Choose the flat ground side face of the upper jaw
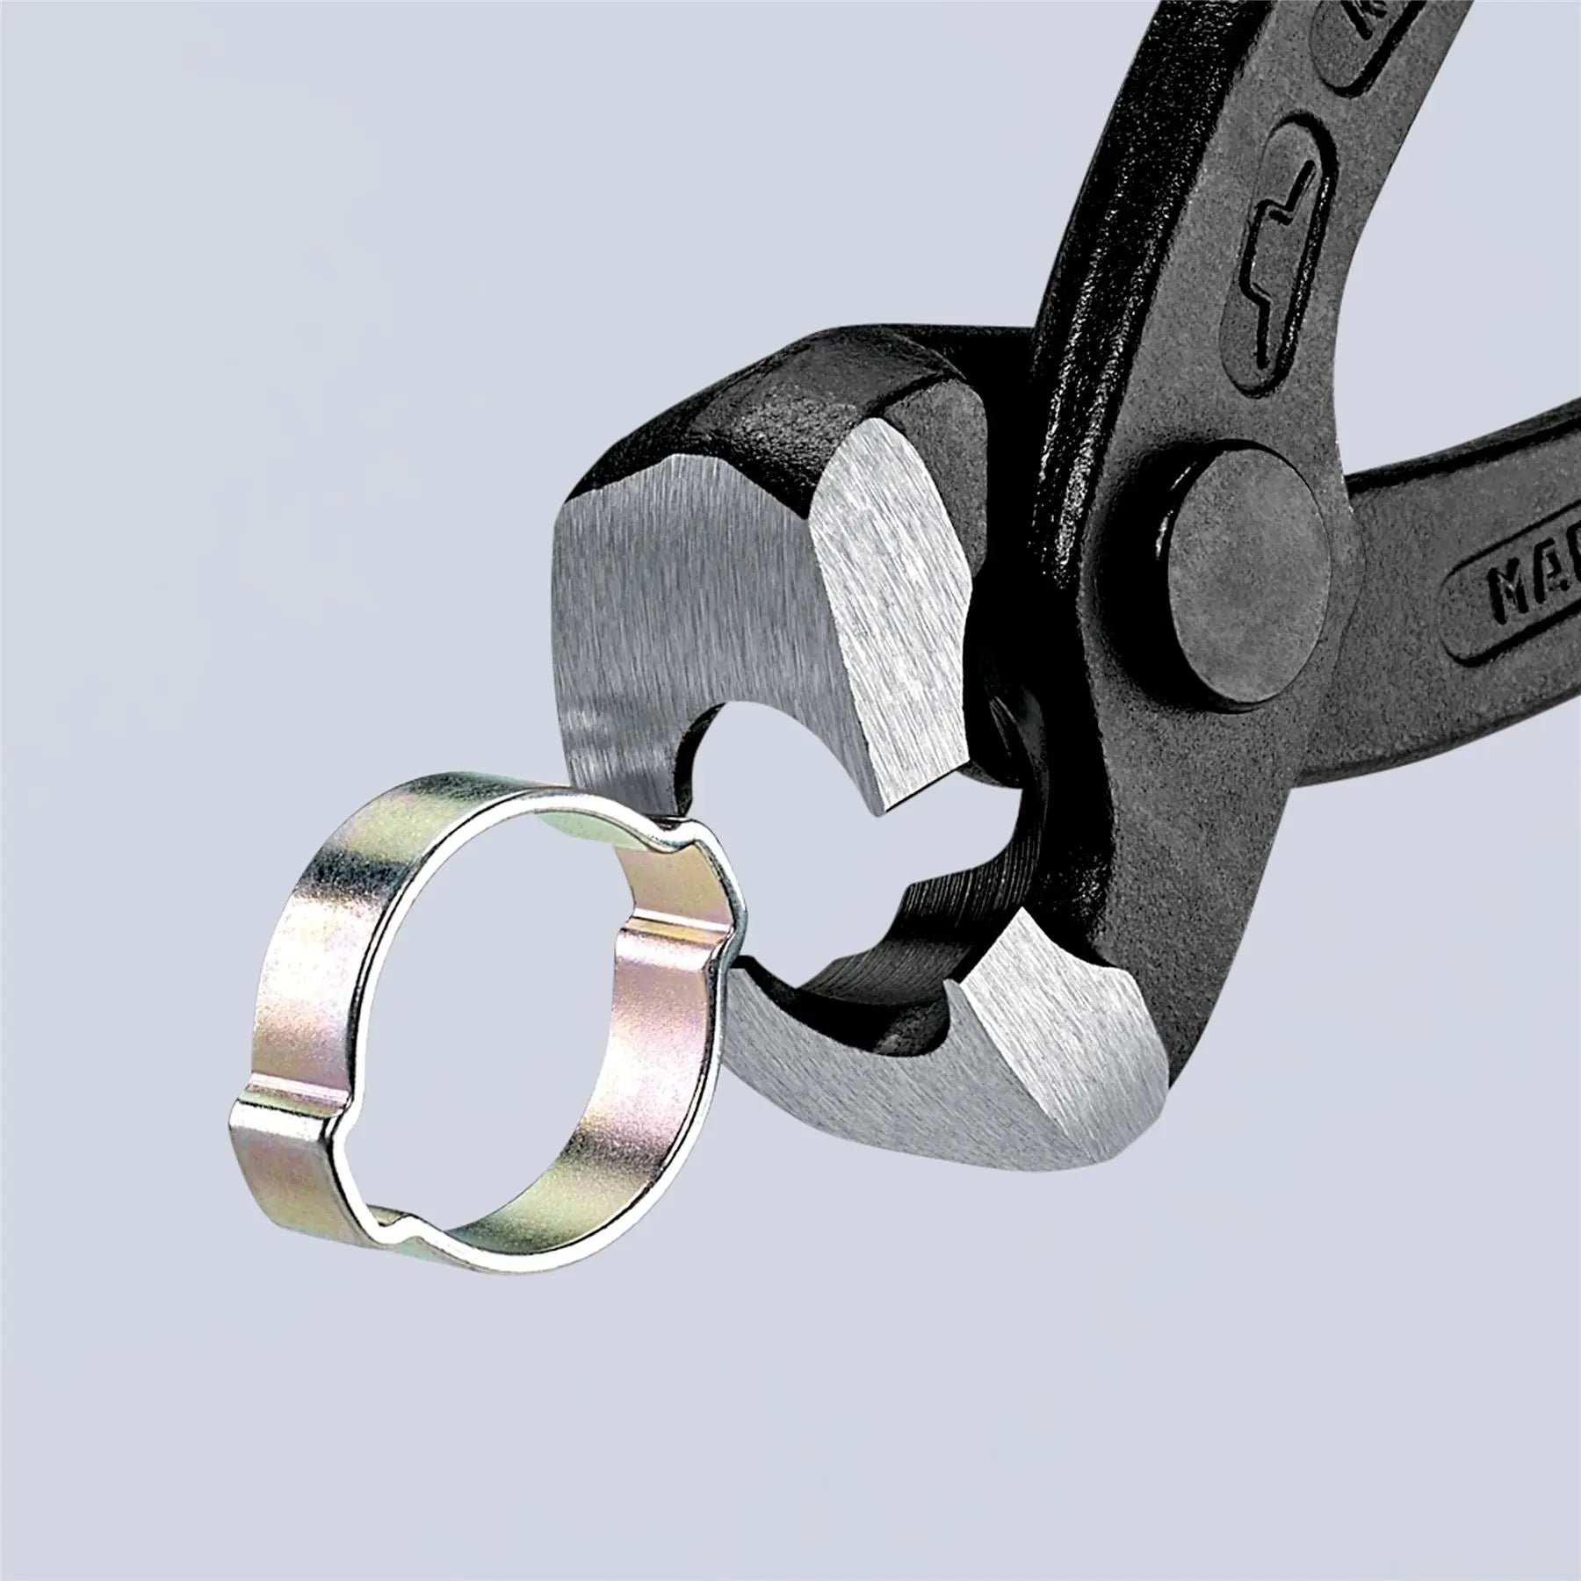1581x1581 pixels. click(x=668, y=615)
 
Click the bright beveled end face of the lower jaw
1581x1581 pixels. click(x=1054, y=1045)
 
